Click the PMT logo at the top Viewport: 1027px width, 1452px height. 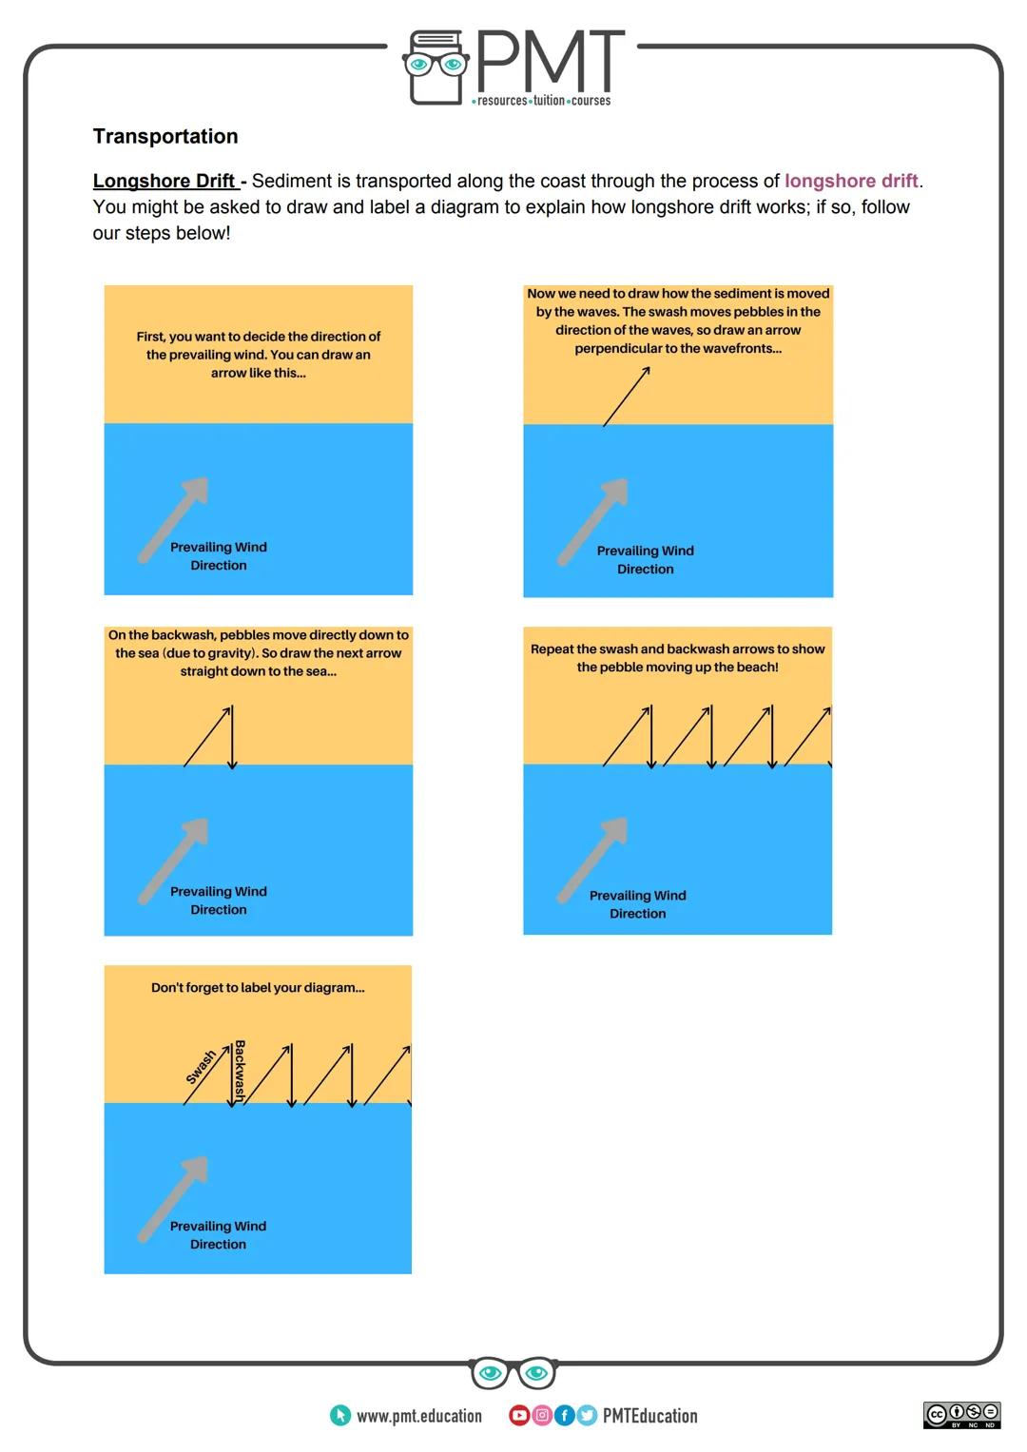point(514,67)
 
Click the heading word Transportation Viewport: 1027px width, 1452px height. point(165,136)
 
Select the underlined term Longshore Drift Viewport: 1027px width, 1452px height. point(165,181)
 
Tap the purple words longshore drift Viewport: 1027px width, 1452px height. point(851,181)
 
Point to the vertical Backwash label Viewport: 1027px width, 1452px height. point(240,1071)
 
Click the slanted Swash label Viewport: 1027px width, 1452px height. point(201,1067)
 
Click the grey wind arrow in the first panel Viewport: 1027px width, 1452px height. point(174,518)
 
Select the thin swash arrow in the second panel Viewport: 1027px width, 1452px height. point(627,396)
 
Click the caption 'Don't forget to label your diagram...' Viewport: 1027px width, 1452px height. point(258,988)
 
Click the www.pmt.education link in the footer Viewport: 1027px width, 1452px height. point(418,1416)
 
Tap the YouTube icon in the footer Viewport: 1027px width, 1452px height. point(519,1416)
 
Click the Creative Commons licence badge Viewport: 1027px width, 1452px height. point(961,1415)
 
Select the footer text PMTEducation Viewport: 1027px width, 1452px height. point(649,1416)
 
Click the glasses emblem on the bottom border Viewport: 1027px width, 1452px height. point(513,1373)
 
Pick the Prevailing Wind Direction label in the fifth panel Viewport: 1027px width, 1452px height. point(218,1235)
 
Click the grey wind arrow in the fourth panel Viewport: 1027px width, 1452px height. point(592,859)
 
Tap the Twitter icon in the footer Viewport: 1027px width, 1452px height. point(587,1416)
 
